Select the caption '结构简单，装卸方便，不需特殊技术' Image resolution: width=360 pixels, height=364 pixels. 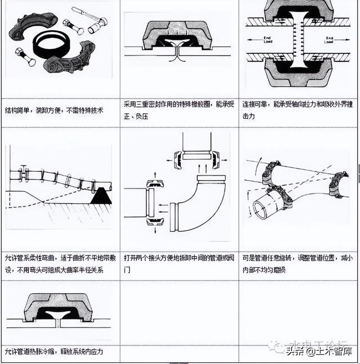click(x=54, y=110)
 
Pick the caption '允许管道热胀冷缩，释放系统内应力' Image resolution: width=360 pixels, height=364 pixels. click(x=54, y=352)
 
